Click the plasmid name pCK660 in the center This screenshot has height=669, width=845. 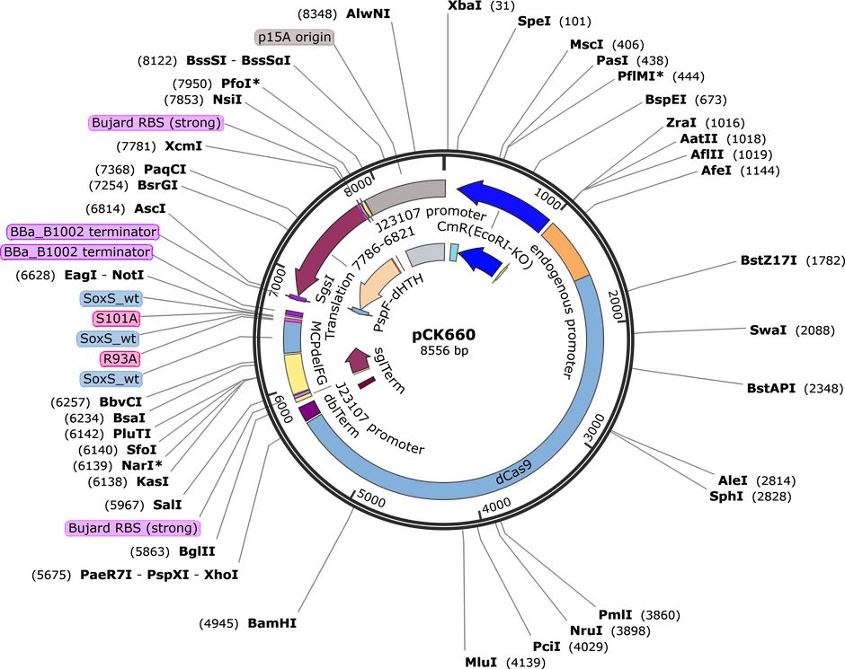443,335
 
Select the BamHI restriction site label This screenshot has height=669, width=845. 272,623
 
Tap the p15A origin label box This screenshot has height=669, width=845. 294,37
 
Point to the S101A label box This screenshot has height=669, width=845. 116,319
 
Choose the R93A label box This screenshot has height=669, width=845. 119,358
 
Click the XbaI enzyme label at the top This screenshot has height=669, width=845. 466,6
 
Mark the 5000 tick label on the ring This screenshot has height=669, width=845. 370,499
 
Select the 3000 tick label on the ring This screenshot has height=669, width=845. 594,427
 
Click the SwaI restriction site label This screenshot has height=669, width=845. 768,330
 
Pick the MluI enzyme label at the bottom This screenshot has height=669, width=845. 481,662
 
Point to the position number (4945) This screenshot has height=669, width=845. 218,624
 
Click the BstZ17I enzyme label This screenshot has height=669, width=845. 769,260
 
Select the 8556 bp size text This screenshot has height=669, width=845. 444,351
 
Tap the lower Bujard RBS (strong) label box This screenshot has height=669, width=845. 132,528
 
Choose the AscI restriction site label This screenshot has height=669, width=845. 150,208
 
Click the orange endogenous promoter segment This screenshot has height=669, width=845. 565,251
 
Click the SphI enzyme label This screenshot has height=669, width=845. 726,497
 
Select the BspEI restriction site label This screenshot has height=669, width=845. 665,100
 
